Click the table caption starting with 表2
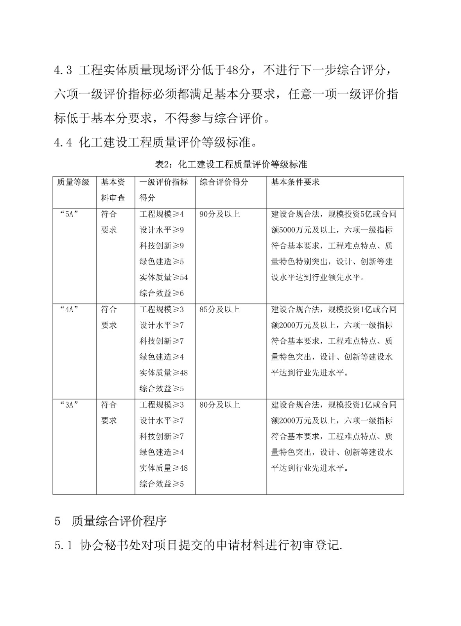tap(231, 164)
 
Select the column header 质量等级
tap(73, 182)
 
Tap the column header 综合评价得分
tap(224, 182)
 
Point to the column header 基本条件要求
tap(295, 182)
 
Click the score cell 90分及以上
tap(219, 214)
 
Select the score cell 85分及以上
tap(219, 309)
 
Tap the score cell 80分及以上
tap(219, 405)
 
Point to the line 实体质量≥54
tap(163, 277)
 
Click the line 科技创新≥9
tap(161, 246)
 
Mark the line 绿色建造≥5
tap(161, 262)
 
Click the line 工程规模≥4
tap(161, 214)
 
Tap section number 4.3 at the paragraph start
tap(63, 71)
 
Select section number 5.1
tap(64, 545)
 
